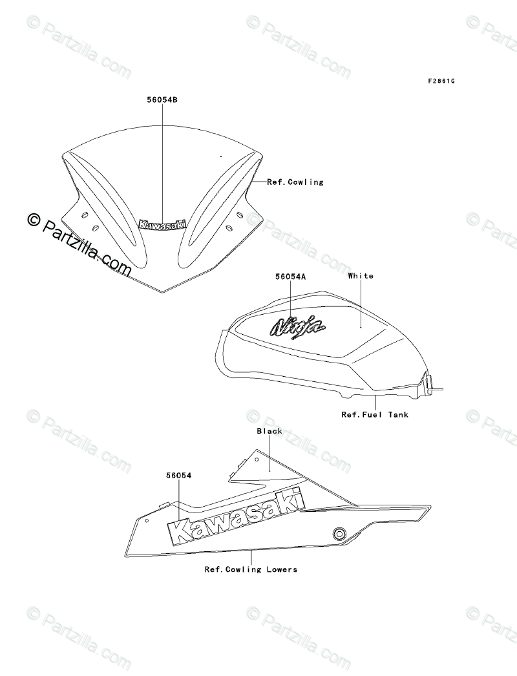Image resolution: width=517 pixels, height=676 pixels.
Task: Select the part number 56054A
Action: click(x=290, y=277)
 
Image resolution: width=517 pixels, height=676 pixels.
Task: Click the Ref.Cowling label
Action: click(x=295, y=182)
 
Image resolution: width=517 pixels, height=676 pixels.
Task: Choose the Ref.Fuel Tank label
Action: click(x=375, y=414)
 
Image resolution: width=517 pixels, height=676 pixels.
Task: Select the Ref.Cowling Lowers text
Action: click(x=251, y=569)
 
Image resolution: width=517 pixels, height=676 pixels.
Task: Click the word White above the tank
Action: click(x=360, y=276)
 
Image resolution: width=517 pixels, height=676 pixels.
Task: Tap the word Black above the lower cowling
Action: click(x=269, y=431)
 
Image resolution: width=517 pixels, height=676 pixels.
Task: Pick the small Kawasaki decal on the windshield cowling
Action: click(x=163, y=224)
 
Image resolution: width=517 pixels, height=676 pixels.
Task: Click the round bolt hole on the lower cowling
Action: click(x=337, y=533)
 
